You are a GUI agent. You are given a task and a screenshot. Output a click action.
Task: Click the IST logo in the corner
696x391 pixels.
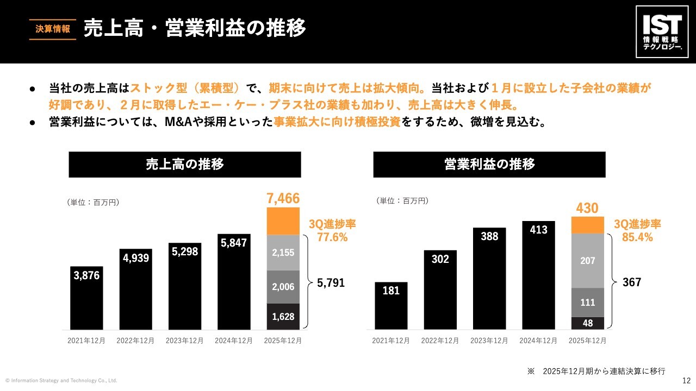pos(662,32)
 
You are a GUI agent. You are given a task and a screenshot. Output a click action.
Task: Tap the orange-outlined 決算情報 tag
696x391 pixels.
pos(52,29)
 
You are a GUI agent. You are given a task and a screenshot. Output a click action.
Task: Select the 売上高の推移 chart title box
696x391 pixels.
pos(185,165)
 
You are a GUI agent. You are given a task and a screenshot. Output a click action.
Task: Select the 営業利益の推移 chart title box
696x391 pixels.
pos(489,165)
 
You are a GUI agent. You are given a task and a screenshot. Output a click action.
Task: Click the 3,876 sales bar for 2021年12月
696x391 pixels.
pos(86,298)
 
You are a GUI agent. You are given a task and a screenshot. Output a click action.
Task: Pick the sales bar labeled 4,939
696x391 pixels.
pos(136,289)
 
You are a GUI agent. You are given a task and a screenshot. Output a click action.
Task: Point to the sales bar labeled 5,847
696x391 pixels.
pos(234,282)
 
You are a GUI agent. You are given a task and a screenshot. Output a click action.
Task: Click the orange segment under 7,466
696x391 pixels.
pos(283,221)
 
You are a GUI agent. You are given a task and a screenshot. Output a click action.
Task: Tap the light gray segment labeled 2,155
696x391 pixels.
pos(283,253)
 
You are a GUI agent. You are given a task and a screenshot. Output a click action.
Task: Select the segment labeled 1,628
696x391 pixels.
pos(283,316)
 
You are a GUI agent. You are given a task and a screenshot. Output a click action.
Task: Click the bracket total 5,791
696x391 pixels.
pos(331,283)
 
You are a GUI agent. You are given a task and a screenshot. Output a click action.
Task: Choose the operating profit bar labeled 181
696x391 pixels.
pos(391,306)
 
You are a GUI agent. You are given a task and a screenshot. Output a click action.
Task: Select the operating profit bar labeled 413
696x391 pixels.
pos(538,275)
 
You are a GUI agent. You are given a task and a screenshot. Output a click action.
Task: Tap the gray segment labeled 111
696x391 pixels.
pos(587,302)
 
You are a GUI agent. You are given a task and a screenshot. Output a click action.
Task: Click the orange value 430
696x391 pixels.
pos(587,208)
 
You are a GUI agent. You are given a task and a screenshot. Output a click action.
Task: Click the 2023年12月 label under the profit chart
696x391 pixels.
pos(489,340)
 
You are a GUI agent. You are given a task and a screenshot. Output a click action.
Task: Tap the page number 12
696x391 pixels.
pos(686,380)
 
